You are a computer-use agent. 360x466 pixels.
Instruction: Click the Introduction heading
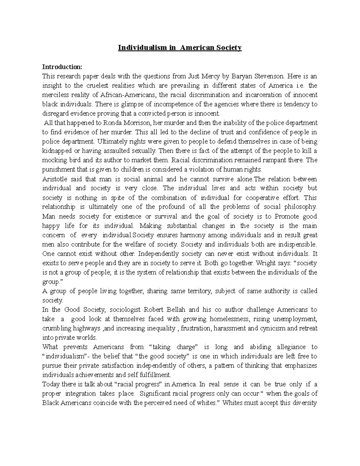(62, 67)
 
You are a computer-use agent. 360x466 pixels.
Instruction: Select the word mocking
(54, 160)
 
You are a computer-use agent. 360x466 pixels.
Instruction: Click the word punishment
(58, 169)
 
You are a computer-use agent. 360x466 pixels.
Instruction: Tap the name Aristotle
(55, 179)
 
